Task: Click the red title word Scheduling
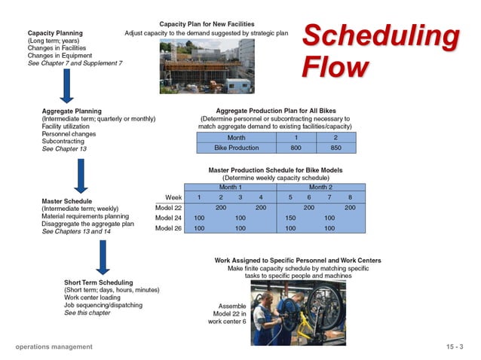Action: pos(380,37)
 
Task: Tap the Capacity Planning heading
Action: pos(55,34)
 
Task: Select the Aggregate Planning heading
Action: pos(72,111)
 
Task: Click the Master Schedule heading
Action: pos(66,202)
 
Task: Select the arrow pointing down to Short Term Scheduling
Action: pos(103,258)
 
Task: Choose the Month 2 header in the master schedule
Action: pos(320,186)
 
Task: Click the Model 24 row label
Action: pos(168,217)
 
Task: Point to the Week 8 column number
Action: pos(350,197)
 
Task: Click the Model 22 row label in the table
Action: pos(168,207)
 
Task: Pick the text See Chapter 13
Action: pos(65,149)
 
